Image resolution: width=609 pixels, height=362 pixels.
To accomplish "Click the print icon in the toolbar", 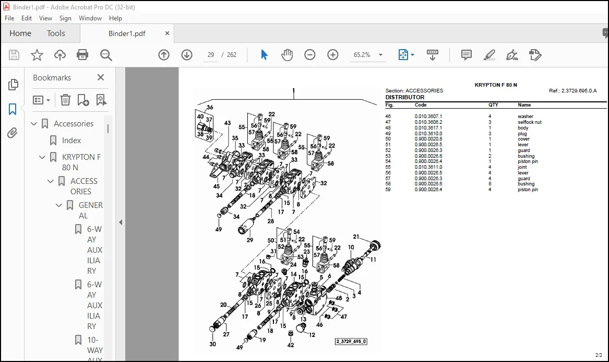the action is point(82,55).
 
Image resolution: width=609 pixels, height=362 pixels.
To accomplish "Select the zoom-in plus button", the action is point(333,55).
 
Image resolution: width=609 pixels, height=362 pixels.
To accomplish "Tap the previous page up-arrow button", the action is point(164,55).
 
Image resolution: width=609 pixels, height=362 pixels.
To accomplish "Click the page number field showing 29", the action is point(211,55).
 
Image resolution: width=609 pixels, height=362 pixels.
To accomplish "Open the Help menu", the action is point(115,18).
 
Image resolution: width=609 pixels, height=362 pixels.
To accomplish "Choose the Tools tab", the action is point(56,33).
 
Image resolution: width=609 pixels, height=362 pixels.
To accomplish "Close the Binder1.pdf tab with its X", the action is point(167,33).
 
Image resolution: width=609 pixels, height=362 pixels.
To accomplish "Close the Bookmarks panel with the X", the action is point(101,77).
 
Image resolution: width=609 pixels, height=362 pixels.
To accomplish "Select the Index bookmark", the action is point(71,141).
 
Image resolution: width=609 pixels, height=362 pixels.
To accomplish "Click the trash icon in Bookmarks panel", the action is point(65,100).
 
